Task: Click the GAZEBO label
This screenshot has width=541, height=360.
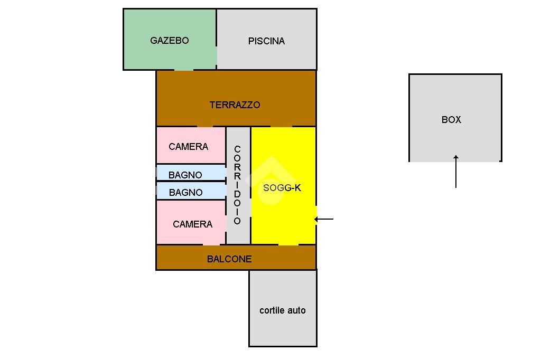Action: coord(169,41)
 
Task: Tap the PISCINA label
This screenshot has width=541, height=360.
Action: coord(266,41)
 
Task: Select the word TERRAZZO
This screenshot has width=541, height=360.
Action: coord(235,105)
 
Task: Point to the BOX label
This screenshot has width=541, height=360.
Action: coord(451,120)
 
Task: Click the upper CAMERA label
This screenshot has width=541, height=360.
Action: coord(188,147)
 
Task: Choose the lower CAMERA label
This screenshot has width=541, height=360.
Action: coord(192,224)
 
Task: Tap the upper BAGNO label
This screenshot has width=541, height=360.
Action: coord(185,175)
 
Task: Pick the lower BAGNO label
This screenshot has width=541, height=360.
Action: coord(185,193)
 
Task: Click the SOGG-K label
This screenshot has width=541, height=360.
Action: coord(282,188)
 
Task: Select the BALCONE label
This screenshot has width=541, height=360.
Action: coord(229,259)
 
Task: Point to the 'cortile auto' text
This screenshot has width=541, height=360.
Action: coord(282,310)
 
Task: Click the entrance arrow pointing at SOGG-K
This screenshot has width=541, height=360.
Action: coord(324,219)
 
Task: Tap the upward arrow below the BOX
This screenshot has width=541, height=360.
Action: coord(456,172)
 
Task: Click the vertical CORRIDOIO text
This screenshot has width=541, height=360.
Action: coord(237,185)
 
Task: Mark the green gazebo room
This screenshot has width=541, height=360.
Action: coord(169,55)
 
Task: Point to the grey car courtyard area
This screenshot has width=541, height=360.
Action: coord(283,330)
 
